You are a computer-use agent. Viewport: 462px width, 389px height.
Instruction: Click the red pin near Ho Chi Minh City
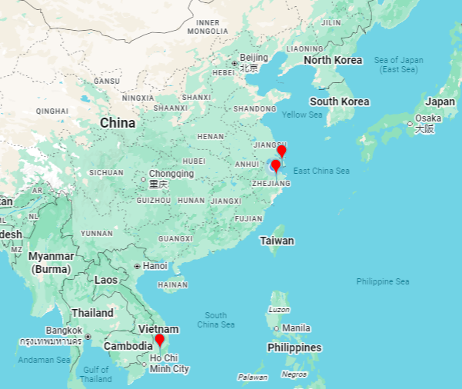tap(159, 341)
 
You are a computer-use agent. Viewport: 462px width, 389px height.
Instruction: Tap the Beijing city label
tap(254, 58)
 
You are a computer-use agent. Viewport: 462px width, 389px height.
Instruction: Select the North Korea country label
tap(332, 60)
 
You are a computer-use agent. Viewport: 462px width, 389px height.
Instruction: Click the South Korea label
tap(339, 101)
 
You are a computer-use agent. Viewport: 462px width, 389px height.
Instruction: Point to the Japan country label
tap(440, 101)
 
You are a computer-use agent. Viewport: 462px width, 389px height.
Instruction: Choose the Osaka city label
tap(428, 118)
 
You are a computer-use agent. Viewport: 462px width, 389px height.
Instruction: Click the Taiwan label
tap(277, 241)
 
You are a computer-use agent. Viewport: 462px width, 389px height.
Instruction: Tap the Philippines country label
tap(294, 347)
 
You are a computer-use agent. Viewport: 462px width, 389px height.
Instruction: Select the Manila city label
tap(296, 327)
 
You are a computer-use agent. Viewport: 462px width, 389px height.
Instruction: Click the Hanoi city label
tap(155, 266)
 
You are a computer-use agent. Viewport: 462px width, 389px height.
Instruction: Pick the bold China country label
tap(118, 123)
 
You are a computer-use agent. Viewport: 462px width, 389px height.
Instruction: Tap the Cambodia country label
tap(128, 346)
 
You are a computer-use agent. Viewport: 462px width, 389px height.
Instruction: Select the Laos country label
tap(106, 280)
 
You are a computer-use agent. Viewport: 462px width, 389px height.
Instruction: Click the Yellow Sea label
tap(302, 115)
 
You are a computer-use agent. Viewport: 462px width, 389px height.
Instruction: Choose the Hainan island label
tap(172, 284)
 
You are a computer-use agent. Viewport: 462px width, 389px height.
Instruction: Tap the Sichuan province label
tap(106, 173)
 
